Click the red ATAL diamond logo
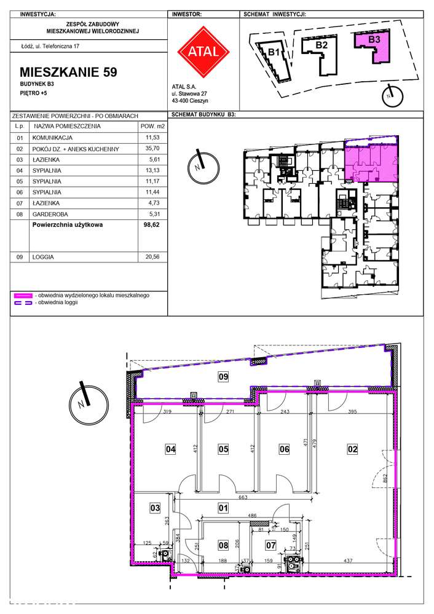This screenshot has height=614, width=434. coord(203,52)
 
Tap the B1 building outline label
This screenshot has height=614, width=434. coord(274,52)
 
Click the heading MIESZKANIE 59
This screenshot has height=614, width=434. coord(68,72)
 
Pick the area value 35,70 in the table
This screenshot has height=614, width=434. coord(152,148)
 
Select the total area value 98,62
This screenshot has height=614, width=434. coord(152,225)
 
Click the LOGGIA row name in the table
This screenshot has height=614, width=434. coord(43,258)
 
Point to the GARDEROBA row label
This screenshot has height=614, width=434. coord(50,215)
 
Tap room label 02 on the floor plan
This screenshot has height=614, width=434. coord(352,449)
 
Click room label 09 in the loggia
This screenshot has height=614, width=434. coord(223,377)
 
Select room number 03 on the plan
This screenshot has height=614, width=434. coord(155,508)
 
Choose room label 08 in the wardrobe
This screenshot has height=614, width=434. coord(223,545)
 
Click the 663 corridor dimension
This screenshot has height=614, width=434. coord(243,497)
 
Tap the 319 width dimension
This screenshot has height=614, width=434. coord(167,412)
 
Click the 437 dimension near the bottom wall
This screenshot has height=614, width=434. coord(348,561)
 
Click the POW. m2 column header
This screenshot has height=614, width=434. coord(152,127)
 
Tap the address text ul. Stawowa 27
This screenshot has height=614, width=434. coord(189,94)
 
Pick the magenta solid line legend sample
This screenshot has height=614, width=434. coord(23,296)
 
